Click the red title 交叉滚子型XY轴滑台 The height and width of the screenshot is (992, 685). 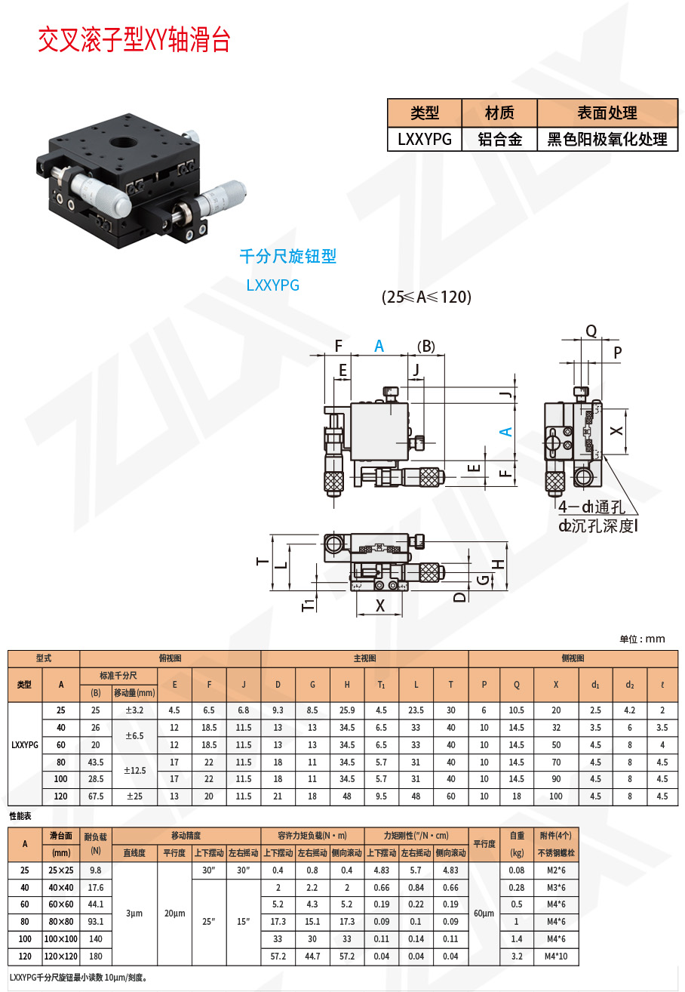pyautogui.click(x=134, y=39)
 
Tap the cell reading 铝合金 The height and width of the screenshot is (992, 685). pyautogui.click(x=499, y=140)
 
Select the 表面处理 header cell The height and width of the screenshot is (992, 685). pyautogui.click(x=607, y=113)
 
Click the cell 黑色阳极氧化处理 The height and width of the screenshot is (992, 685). pyautogui.click(x=607, y=140)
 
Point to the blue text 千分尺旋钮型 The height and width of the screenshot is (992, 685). pyautogui.click(x=288, y=257)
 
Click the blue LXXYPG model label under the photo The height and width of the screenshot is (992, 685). pyautogui.click(x=272, y=285)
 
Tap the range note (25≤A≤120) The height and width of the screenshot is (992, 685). pyautogui.click(x=426, y=297)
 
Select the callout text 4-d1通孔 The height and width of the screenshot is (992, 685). pyautogui.click(x=591, y=507)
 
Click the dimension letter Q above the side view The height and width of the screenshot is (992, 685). pyautogui.click(x=591, y=331)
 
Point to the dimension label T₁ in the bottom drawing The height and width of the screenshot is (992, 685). pyautogui.click(x=308, y=605)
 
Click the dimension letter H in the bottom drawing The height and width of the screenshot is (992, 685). pyautogui.click(x=499, y=564)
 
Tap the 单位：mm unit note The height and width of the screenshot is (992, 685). pyautogui.click(x=642, y=639)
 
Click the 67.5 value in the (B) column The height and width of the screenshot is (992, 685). pyautogui.click(x=96, y=796)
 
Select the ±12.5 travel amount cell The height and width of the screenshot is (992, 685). pyautogui.click(x=134, y=770)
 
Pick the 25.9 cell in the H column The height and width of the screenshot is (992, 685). pyautogui.click(x=347, y=710)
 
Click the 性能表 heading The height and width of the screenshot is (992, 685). pyautogui.click(x=20, y=816)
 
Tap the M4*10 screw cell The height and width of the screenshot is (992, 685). pyautogui.click(x=556, y=956)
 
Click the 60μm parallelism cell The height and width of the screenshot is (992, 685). pyautogui.click(x=484, y=913)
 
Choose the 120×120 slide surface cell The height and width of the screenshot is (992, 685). pyautogui.click(x=61, y=956)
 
